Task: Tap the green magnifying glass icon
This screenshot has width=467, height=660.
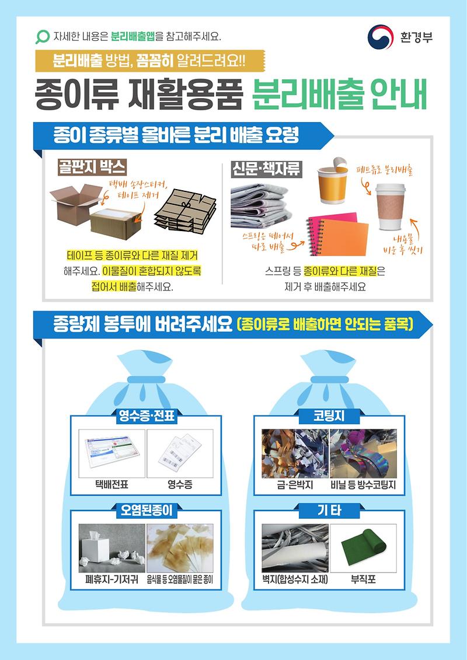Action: point(43,37)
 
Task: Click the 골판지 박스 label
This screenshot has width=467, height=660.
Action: point(92,168)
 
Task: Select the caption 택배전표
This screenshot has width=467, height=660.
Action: point(111,484)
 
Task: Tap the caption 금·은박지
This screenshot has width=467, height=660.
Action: point(295,484)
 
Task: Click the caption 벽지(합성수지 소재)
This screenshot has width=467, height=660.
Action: point(295,579)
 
